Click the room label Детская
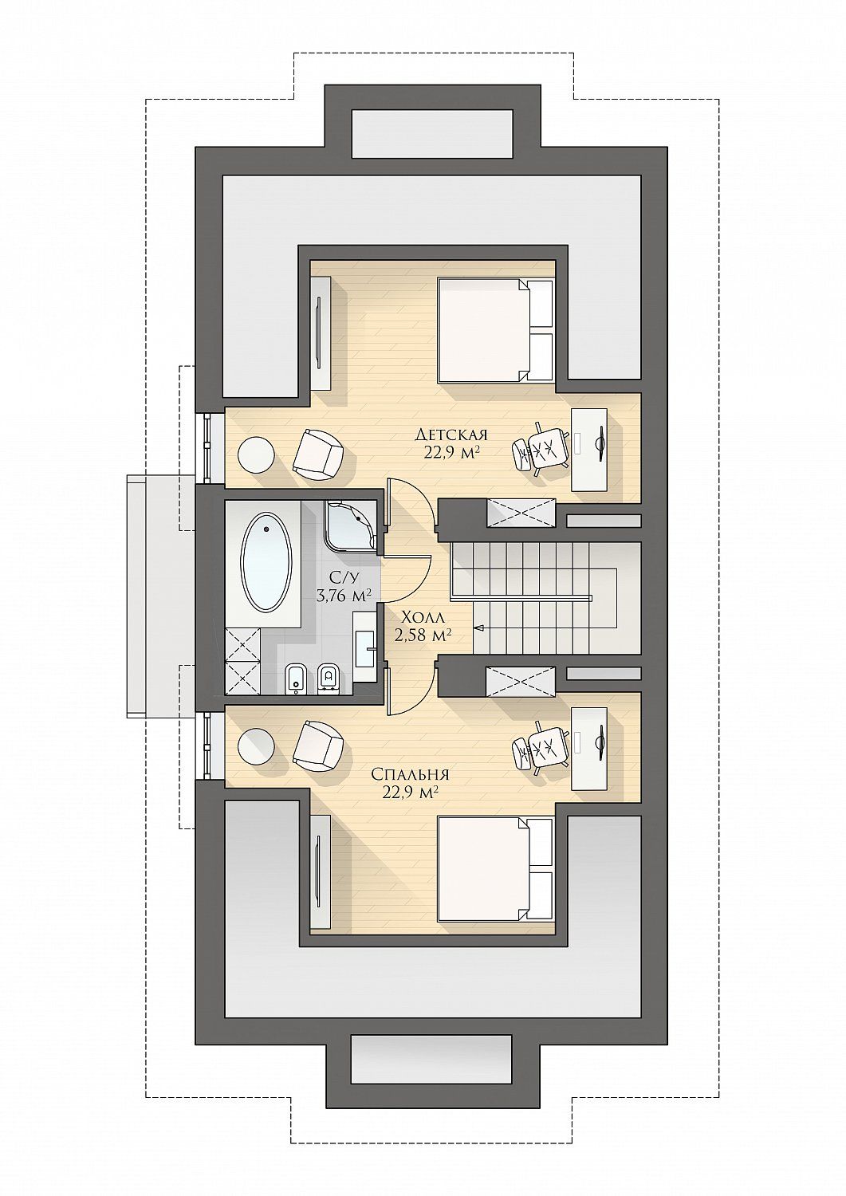click(x=452, y=434)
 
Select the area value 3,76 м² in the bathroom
click(x=344, y=596)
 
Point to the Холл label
click(x=423, y=618)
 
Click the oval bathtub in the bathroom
click(x=267, y=562)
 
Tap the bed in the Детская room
click(x=495, y=329)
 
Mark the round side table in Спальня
click(x=256, y=746)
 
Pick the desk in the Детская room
click(x=589, y=450)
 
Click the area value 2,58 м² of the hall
click(x=423, y=635)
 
